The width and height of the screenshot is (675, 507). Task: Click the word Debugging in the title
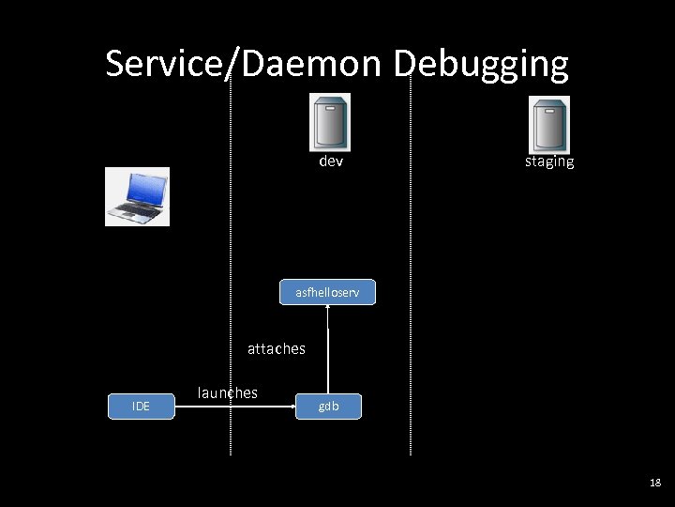point(481,64)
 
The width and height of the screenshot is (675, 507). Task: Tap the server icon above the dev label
point(330,122)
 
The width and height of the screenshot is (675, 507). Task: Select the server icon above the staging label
point(549,124)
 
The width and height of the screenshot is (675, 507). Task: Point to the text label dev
point(331,161)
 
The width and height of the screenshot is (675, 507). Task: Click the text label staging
point(549,161)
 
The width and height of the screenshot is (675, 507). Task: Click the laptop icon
point(137,197)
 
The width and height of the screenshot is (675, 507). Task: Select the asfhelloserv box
point(327,292)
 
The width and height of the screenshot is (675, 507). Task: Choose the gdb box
point(328,406)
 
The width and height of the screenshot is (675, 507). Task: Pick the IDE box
point(141,406)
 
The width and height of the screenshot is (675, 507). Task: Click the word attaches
point(276,348)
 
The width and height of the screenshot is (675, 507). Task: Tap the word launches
point(227,392)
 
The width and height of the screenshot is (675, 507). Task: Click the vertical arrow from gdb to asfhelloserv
point(328,361)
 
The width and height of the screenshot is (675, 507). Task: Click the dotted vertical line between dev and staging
point(411,282)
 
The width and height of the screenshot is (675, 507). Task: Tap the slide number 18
point(654,483)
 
